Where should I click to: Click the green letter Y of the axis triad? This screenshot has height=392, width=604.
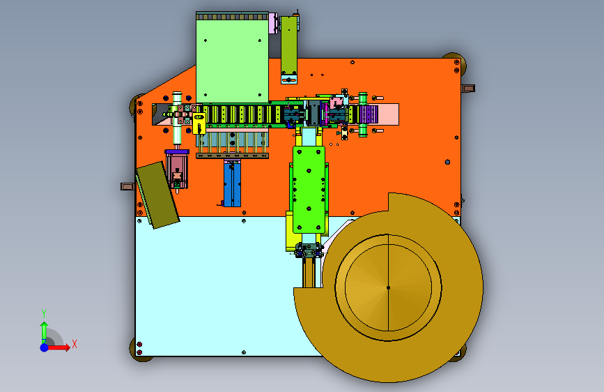[44, 314]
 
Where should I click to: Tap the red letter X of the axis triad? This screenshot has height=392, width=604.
[75, 344]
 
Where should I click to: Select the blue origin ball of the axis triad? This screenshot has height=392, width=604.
[45, 347]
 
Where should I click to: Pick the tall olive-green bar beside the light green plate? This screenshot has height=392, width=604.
[289, 45]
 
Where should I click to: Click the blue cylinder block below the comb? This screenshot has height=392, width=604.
[232, 183]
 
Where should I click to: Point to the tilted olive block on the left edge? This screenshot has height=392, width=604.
[158, 195]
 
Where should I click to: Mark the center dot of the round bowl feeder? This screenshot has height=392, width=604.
[388, 287]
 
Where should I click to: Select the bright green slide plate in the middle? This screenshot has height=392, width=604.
[309, 190]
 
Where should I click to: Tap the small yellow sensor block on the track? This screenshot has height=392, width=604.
[199, 123]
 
